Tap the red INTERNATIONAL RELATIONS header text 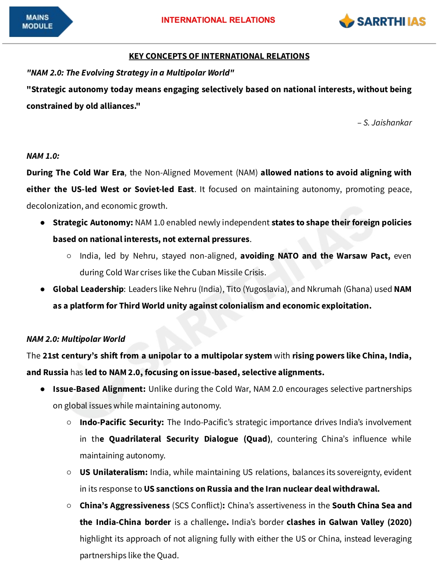pyautogui.click(x=218, y=20)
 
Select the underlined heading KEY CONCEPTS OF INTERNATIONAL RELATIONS pyautogui.click(x=219, y=56)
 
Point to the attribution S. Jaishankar pyautogui.click(x=387, y=123)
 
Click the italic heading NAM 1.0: pyautogui.click(x=43, y=156)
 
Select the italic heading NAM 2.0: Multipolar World pyautogui.click(x=76, y=339)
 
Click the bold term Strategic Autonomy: pyautogui.click(x=93, y=222)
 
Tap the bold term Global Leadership pyautogui.click(x=88, y=289)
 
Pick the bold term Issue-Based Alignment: pyautogui.click(x=99, y=389)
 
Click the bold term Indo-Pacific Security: pyautogui.click(x=122, y=422)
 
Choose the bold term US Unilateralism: pyautogui.click(x=113, y=472)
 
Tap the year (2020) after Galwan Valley pyautogui.click(x=399, y=522)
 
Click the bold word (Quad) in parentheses pyautogui.click(x=257, y=439)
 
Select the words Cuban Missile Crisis pyautogui.click(x=232, y=272)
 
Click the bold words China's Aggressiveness pyautogui.click(x=124, y=505)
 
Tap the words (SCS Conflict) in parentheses pyautogui.click(x=198, y=505)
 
